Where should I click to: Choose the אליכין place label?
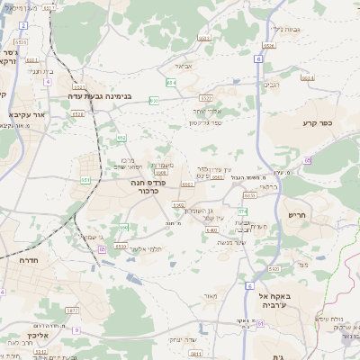pos(34,337)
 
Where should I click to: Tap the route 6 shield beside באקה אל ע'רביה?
pos(247,285)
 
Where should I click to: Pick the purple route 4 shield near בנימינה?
pos(47,81)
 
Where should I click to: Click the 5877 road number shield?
pos(71,310)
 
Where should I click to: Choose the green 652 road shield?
pos(121,137)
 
